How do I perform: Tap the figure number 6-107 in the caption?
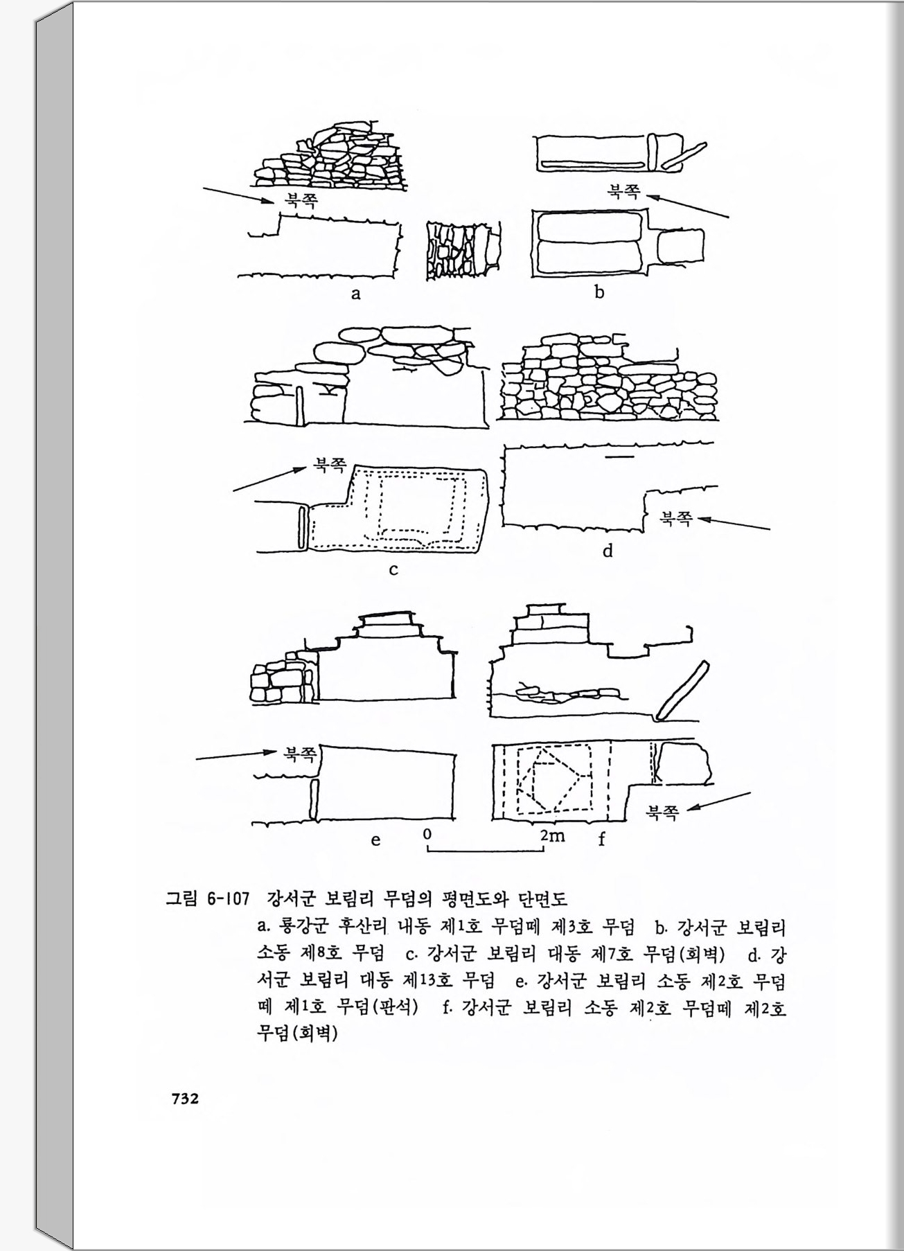(228, 900)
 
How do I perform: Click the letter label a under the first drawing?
(356, 294)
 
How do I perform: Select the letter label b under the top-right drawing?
(599, 292)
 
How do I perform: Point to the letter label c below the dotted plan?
(393, 570)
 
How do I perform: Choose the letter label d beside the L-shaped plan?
(608, 551)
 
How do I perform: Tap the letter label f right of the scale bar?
(601, 840)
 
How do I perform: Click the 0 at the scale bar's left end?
(428, 833)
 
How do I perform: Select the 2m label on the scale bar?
(553, 835)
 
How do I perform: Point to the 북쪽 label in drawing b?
(624, 190)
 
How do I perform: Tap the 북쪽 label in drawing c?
(330, 463)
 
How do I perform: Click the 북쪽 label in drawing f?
(662, 812)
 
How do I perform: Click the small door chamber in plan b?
(680, 246)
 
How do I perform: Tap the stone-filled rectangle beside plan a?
(463, 249)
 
